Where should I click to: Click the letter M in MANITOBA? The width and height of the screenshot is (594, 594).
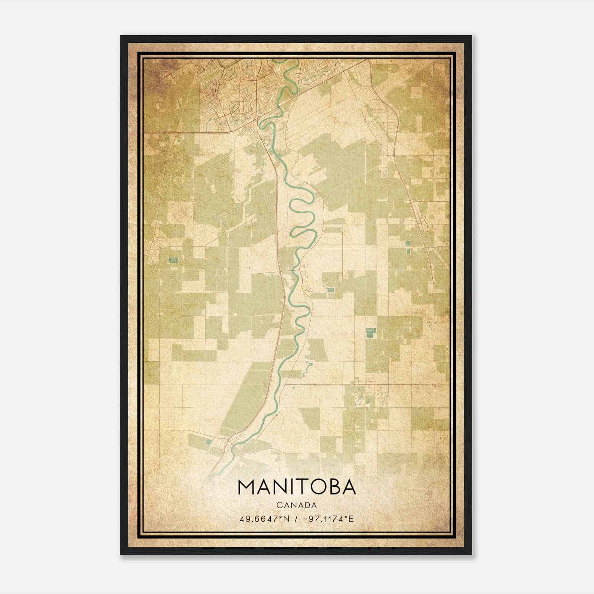tap(247, 487)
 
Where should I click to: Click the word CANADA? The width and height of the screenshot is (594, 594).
tap(297, 505)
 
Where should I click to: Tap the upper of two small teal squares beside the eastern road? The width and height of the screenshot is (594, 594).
tap(408, 243)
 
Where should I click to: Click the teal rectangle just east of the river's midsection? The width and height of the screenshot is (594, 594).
tap(330, 289)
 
